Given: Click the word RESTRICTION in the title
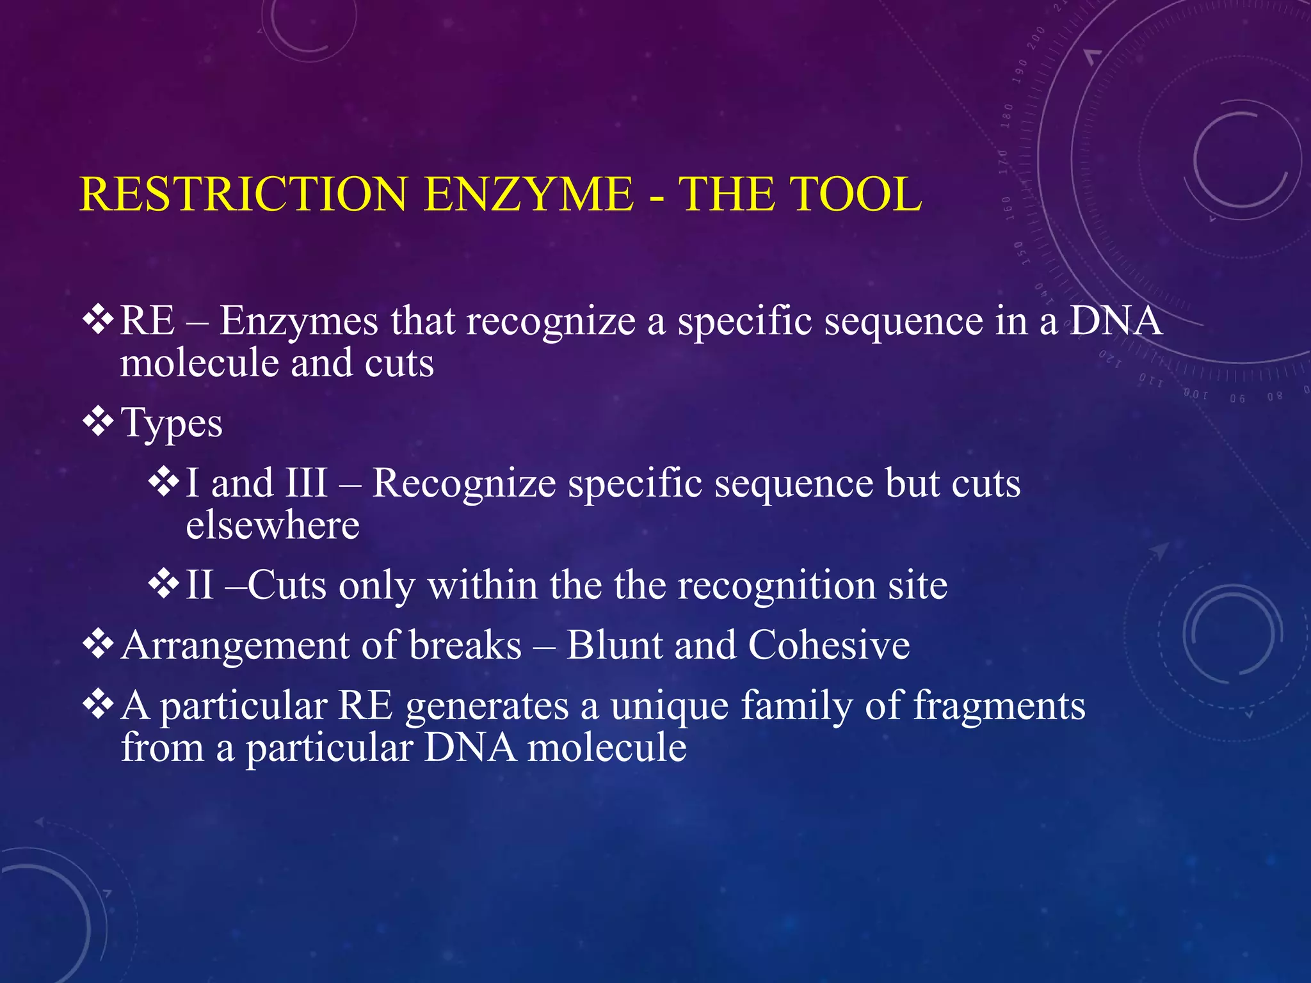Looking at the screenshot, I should [x=243, y=194].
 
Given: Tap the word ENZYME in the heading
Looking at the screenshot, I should [x=529, y=194].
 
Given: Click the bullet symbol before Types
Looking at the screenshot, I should [x=98, y=422].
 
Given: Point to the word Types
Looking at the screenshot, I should [x=172, y=424].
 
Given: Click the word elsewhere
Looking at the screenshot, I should [x=273, y=525].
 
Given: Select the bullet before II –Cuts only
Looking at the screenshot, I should [x=163, y=584].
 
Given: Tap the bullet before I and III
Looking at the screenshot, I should [x=163, y=482].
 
